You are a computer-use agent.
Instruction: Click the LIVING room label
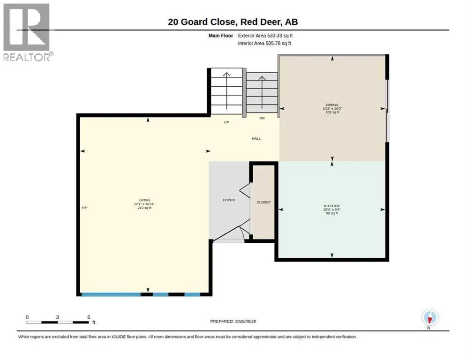click(144, 200)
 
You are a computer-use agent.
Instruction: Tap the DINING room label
click(332, 105)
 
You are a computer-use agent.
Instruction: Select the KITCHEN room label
click(331, 206)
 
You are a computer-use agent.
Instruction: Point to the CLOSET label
click(263, 202)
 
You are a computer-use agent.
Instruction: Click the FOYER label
click(229, 200)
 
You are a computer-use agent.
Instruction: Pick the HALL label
click(256, 139)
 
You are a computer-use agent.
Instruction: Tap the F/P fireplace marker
click(85, 208)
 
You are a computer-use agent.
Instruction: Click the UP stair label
click(226, 122)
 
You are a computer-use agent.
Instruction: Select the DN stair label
click(262, 118)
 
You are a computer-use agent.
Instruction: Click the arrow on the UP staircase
click(226, 91)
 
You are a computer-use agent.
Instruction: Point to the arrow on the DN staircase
click(262, 92)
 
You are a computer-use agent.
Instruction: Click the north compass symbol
click(430, 318)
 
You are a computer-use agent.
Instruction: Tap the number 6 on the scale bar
click(89, 317)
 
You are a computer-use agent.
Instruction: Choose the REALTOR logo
click(27, 32)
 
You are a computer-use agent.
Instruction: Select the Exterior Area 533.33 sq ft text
click(265, 36)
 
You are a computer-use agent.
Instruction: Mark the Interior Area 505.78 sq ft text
click(264, 44)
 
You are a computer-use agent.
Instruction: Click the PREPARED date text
click(233, 322)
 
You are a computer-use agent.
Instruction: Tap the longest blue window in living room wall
click(111, 294)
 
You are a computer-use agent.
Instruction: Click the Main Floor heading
click(220, 36)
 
